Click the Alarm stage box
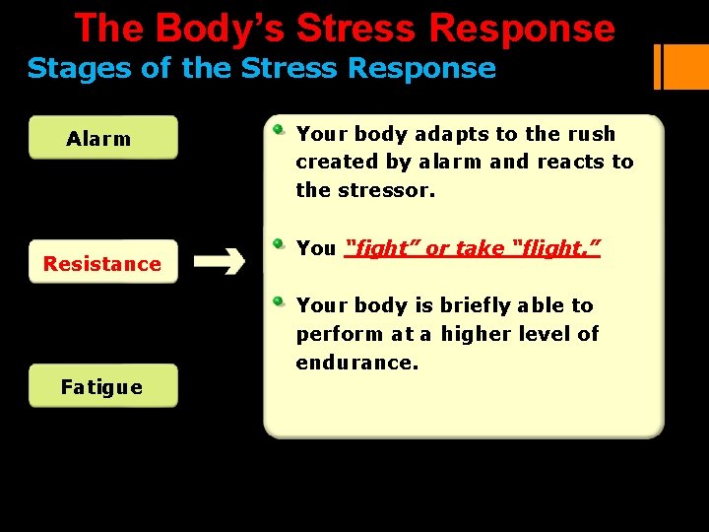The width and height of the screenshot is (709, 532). click(103, 138)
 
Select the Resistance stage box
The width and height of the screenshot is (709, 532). click(103, 262)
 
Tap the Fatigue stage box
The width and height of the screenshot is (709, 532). click(103, 386)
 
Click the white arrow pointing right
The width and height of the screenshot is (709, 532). click(220, 262)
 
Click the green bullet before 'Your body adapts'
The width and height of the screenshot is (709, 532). click(280, 129)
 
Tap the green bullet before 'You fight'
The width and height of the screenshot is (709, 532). click(280, 243)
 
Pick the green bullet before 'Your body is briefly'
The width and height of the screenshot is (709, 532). click(280, 300)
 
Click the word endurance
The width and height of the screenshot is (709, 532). click(356, 363)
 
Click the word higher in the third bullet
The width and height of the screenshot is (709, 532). click(482, 334)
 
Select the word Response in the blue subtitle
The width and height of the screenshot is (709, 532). click(437, 69)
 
